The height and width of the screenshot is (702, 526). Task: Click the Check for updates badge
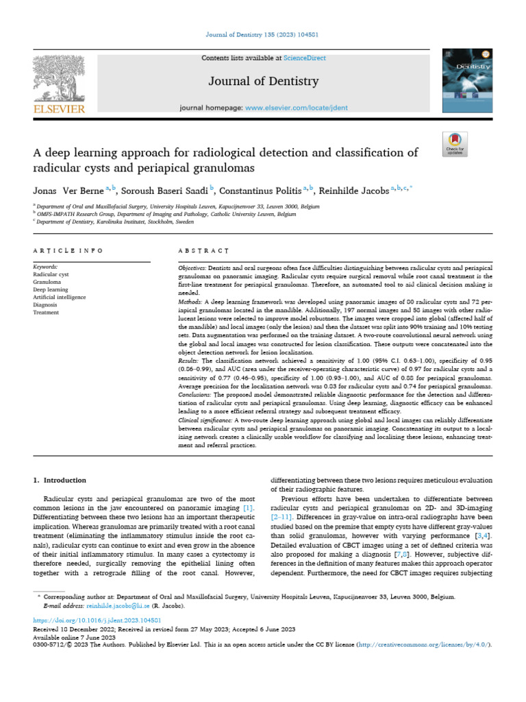(455, 143)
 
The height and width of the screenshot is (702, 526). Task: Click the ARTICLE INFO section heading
(68, 252)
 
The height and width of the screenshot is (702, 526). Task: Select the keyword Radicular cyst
(51, 274)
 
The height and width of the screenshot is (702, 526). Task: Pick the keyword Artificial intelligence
(61, 297)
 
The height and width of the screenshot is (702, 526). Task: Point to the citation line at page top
(263, 34)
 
